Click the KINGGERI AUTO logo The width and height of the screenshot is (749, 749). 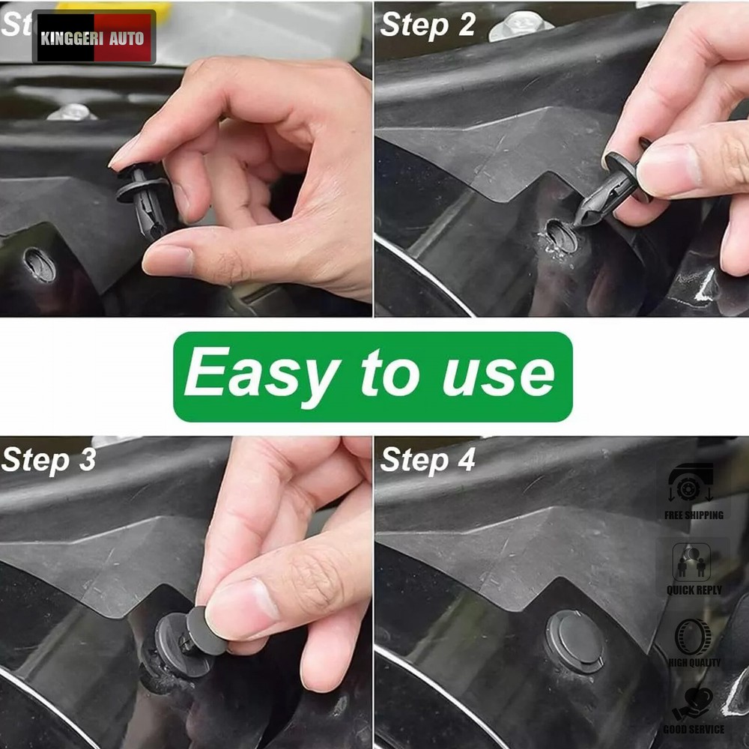click(x=94, y=37)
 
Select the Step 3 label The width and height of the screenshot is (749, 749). click(x=49, y=459)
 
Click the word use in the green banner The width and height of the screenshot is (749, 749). click(x=498, y=374)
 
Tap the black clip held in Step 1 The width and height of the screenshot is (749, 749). click(x=144, y=198)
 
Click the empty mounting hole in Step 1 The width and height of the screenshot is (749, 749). click(x=39, y=264)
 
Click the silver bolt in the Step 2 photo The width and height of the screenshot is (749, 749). click(x=521, y=25)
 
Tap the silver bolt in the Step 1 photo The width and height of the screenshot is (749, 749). click(x=71, y=112)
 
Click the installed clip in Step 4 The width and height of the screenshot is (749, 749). click(x=575, y=641)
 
